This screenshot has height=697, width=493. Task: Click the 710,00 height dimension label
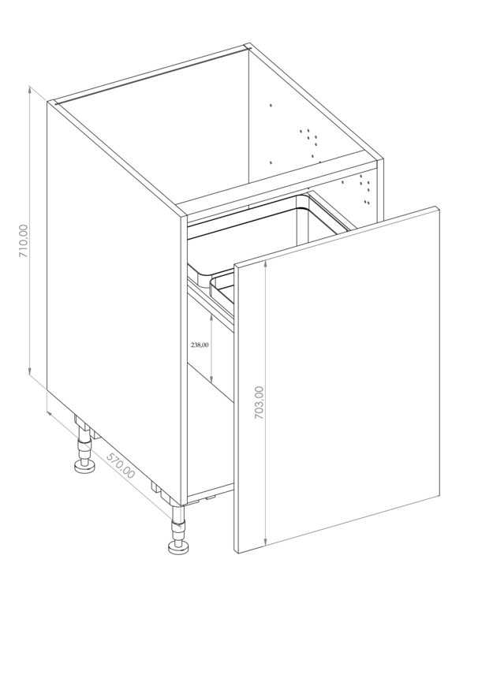point(23,241)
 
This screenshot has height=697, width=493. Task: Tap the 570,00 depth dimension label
point(121,465)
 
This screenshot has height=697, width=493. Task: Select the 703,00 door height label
point(259,403)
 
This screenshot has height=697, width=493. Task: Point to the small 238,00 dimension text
point(200,345)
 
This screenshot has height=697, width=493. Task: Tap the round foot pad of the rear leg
point(84,467)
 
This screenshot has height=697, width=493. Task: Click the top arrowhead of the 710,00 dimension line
point(30,89)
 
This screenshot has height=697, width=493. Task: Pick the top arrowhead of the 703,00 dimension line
point(265,264)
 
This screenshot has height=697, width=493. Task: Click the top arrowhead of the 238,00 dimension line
point(211,316)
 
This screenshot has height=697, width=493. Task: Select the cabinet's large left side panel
point(114,302)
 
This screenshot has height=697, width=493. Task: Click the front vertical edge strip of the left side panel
point(184,361)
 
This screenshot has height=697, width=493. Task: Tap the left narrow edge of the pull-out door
point(237,409)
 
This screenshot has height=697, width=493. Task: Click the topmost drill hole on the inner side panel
point(271,106)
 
